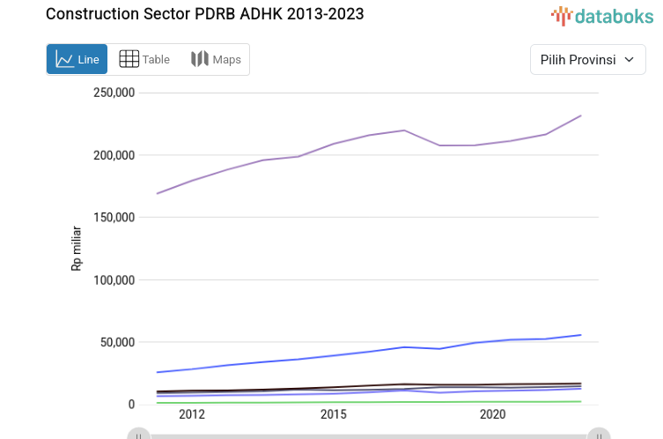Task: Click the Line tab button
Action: [77, 59]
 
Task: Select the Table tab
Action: [144, 59]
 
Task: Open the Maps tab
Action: [216, 59]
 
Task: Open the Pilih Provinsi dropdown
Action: [587, 59]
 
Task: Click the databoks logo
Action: [602, 16]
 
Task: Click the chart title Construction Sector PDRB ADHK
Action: [204, 14]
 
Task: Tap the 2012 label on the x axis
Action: [191, 414]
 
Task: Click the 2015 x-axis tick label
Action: [333, 414]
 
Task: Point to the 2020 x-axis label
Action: [492, 414]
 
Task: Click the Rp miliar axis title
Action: [77, 249]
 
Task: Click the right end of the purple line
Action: [581, 115]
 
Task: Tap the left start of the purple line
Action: [157, 193]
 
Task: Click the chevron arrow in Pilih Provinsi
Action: [629, 59]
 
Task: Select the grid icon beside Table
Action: [129, 59]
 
